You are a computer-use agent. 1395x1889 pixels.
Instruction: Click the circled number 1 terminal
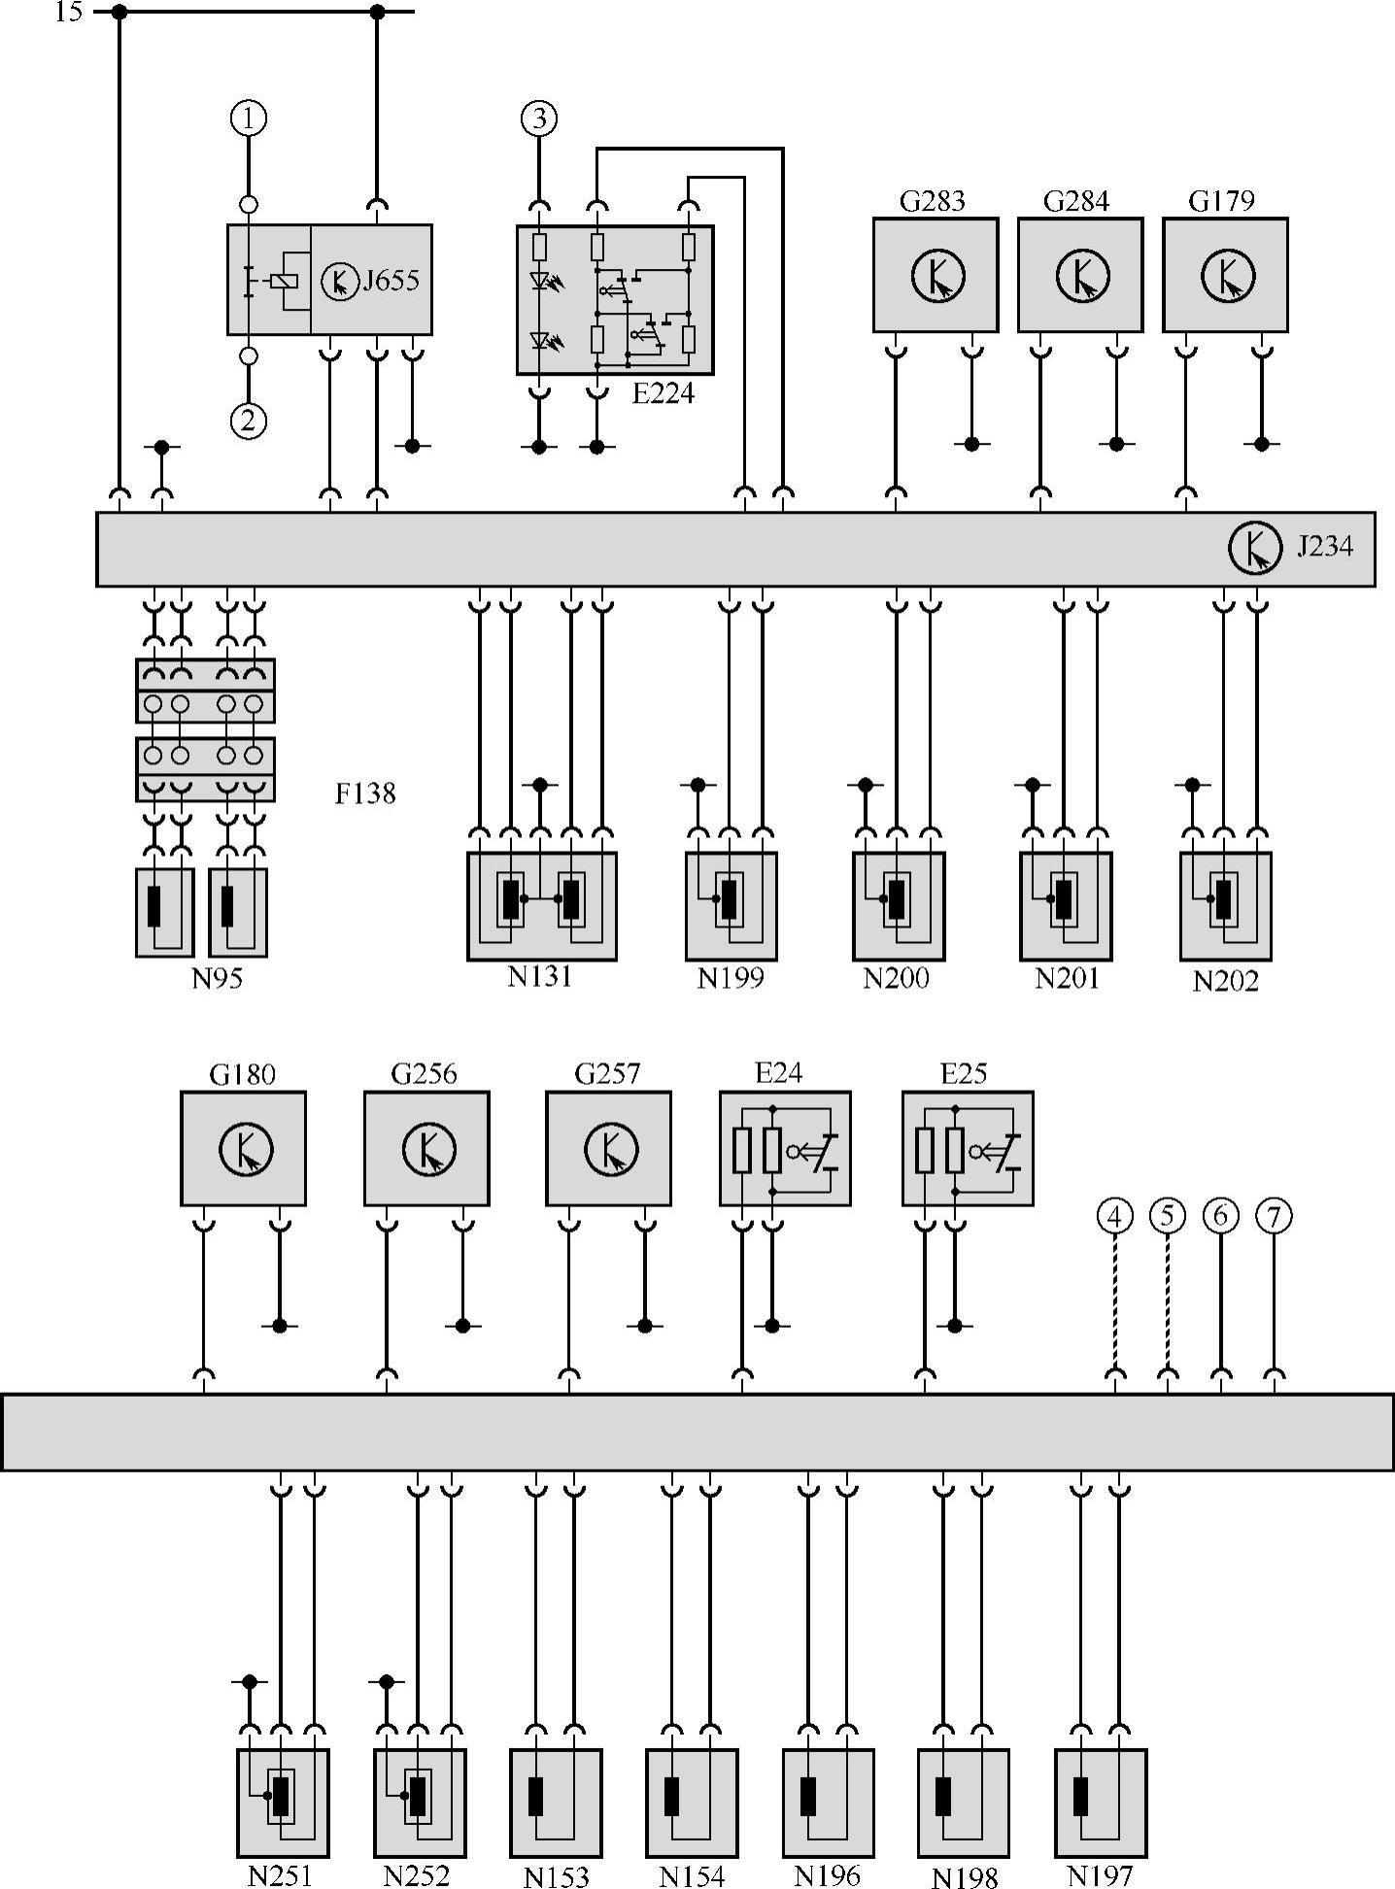coord(249,118)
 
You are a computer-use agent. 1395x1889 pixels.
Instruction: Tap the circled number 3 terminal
coord(539,118)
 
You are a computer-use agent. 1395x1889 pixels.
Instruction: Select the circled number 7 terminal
coord(1274,1215)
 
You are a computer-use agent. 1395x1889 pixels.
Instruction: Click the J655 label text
coord(391,281)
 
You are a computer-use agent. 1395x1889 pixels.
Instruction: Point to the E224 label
coord(663,393)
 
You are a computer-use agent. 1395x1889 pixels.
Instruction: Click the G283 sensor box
coord(935,275)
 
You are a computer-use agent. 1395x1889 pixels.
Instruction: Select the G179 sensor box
coord(1225,275)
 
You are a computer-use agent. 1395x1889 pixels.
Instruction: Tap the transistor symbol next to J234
coord(1254,548)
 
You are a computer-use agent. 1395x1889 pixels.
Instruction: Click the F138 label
coord(365,793)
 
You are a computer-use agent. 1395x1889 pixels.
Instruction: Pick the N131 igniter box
coord(541,906)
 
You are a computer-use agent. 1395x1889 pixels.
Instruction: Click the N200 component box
coord(899,906)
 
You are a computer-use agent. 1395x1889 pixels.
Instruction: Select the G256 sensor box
coord(426,1148)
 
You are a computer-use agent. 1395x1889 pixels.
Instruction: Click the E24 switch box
coord(785,1148)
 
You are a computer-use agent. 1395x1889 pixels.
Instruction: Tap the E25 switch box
coord(968,1148)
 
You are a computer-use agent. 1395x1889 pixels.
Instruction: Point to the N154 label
coord(692,1872)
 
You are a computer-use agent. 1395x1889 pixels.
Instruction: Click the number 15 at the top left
coord(68,12)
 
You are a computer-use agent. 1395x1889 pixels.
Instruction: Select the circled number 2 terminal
coord(249,421)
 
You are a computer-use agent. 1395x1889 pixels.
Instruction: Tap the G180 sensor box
coord(243,1148)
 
